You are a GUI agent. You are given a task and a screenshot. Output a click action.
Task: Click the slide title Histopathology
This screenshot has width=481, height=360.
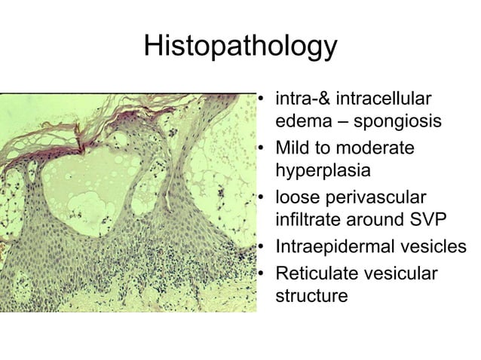[240, 47]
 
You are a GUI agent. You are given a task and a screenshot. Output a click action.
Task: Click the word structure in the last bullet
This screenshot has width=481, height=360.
[312, 296]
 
